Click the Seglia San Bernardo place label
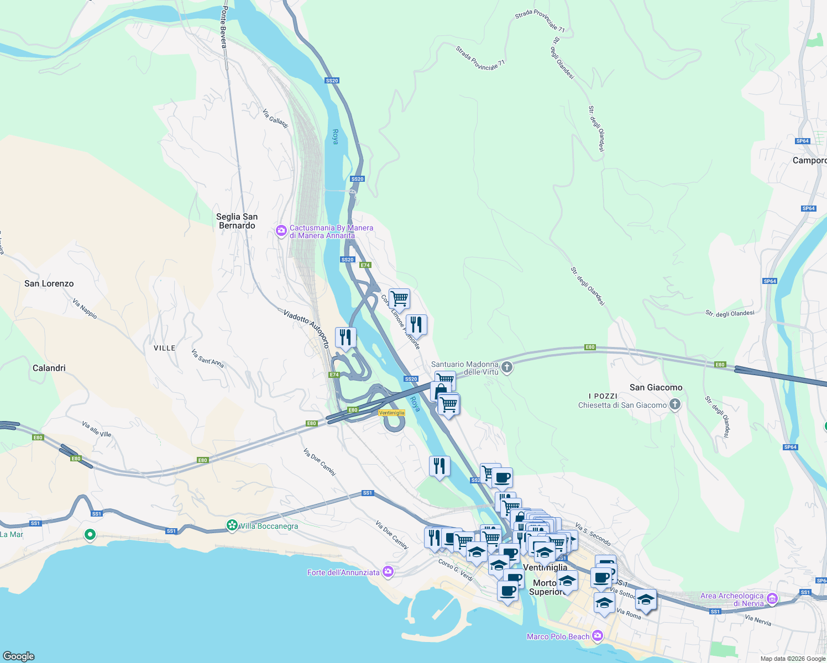coord(237,221)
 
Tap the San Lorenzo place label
coord(49,283)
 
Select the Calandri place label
coord(49,368)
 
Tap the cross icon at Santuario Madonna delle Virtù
coord(507,367)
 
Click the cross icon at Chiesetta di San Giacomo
coord(674,405)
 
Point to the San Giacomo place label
coord(656,387)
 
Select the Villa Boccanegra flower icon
coord(233,525)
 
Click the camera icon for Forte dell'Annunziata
coord(388,572)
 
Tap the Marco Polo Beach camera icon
coord(597,636)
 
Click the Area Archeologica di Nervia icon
coord(772,599)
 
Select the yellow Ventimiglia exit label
coord(391,413)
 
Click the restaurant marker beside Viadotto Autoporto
coord(346,337)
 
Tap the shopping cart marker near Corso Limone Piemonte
coord(399,299)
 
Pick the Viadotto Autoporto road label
coord(306,328)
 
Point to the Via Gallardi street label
coord(275,118)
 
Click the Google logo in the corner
coord(19,656)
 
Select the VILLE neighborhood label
coord(164,348)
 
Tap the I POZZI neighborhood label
coord(603,396)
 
